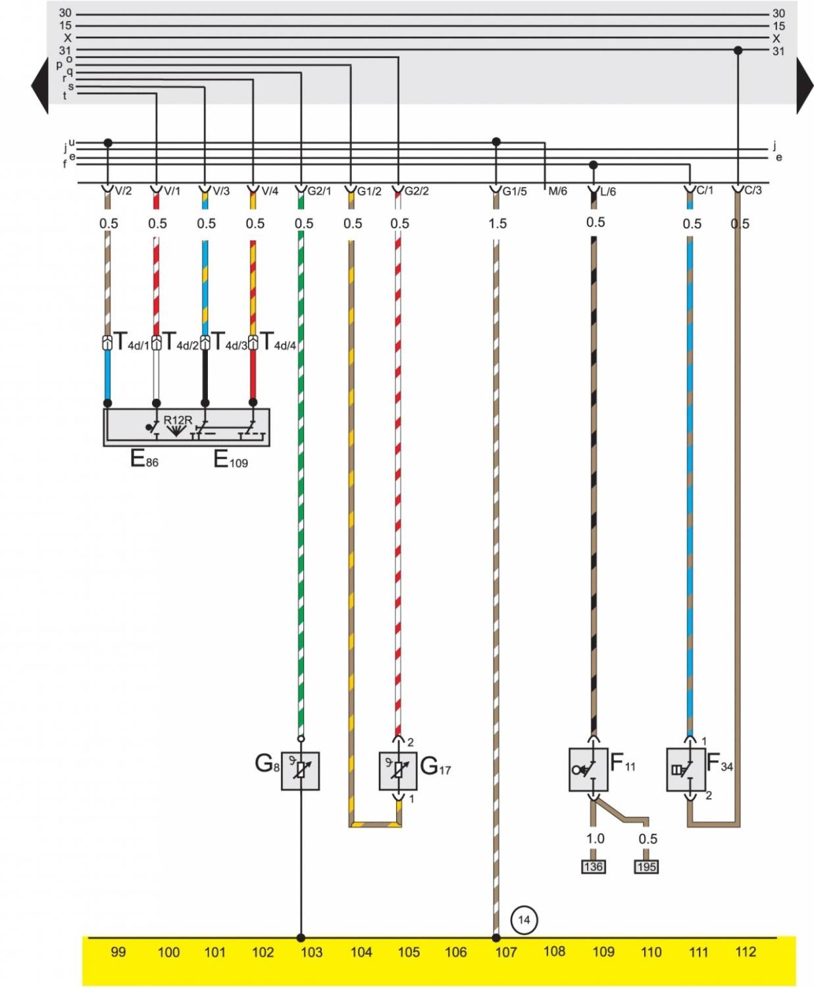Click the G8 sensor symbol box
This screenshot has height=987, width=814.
coord(300,771)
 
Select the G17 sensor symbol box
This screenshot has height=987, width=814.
coord(397,771)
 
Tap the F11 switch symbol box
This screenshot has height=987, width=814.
coord(588,769)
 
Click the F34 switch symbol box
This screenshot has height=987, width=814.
coord(686,769)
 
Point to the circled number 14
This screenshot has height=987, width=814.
coord(524,919)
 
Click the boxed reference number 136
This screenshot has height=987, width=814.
coord(593,867)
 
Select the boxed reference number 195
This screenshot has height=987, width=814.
coord(646,867)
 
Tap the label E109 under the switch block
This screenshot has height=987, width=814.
coord(230,459)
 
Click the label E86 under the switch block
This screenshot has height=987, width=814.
coord(144,459)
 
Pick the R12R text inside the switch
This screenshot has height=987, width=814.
coord(178,420)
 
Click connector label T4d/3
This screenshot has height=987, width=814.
coord(228,342)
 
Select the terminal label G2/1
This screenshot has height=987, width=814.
coord(319,191)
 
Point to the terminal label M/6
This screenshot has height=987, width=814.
coord(557,191)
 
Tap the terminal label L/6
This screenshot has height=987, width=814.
coord(608,191)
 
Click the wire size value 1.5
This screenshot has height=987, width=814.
coord(497,224)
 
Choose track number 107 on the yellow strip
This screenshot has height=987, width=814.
coord(505,951)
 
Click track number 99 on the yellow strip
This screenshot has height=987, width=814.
coord(118,951)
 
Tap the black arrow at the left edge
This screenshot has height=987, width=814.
coord(39,86)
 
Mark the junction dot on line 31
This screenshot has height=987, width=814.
coord(738,50)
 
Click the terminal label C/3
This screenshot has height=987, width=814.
coord(753,190)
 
